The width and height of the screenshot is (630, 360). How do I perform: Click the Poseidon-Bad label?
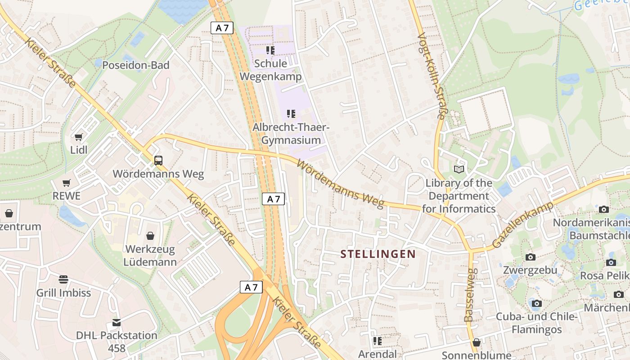[x=135, y=65]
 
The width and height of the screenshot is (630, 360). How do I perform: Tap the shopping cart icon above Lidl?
[x=79, y=137]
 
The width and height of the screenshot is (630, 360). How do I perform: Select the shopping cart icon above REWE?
[x=67, y=183]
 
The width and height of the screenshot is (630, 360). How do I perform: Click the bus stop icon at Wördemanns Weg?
[x=158, y=160]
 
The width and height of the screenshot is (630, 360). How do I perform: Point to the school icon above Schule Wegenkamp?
[x=270, y=50]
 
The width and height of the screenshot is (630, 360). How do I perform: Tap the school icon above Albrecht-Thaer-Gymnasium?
[x=291, y=114]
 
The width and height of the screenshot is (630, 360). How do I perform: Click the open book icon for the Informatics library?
[x=459, y=169]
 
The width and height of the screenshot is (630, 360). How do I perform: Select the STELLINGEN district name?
[x=378, y=254]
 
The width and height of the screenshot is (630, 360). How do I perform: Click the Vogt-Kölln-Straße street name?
[x=431, y=76]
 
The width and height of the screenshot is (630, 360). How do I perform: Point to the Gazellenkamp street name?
[x=522, y=225]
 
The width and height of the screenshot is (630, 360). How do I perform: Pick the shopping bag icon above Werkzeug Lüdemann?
[x=150, y=236]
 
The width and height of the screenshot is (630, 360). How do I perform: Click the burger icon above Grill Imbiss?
[x=63, y=279]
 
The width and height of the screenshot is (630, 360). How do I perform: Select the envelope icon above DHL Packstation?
[x=117, y=322]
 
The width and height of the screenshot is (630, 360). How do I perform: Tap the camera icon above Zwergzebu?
[x=531, y=257]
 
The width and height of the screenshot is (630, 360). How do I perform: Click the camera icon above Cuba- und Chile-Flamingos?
[x=536, y=303]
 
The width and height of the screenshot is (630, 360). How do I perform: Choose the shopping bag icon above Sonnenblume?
[x=477, y=343]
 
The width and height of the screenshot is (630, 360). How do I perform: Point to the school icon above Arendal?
[x=378, y=341]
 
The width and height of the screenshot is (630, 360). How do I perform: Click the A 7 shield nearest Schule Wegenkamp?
[x=222, y=28]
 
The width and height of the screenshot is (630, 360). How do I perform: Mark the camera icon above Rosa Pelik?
[x=611, y=262]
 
